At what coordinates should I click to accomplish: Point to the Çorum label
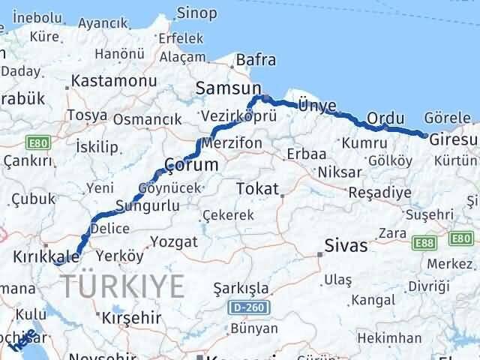(191, 164)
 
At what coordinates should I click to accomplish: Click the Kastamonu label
(113, 80)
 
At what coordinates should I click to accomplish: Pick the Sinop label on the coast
(197, 13)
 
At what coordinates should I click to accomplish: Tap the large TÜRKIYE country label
(123, 286)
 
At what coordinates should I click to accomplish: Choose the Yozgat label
(174, 241)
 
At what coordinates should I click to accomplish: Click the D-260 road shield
(244, 307)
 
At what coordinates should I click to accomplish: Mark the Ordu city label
(386, 118)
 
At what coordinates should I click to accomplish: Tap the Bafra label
(256, 60)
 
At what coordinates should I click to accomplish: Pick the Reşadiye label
(379, 193)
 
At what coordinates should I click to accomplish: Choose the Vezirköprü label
(239, 116)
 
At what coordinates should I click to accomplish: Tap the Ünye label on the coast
(316, 106)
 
